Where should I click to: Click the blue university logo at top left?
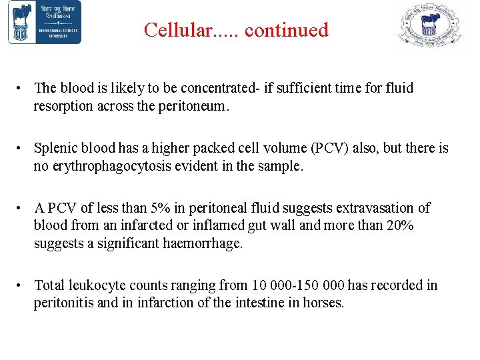pos(45,23)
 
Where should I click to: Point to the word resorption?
pos(65,105)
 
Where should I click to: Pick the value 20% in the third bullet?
pos(399,225)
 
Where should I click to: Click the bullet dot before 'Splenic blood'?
pos(22,148)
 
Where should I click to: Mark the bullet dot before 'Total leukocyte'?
pos(22,285)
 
